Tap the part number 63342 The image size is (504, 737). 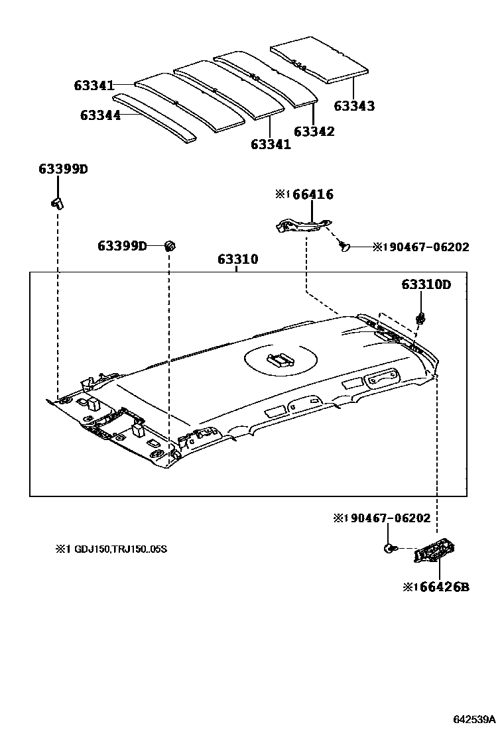pyautogui.click(x=314, y=131)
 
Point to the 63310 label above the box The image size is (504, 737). pyautogui.click(x=237, y=259)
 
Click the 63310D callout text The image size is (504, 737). pyautogui.click(x=426, y=284)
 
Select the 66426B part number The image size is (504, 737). pyautogui.click(x=440, y=587)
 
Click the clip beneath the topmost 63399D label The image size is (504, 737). pyautogui.click(x=57, y=201)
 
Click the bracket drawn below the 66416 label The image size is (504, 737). pyautogui.click(x=302, y=224)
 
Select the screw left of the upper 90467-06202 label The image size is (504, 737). pyautogui.click(x=344, y=247)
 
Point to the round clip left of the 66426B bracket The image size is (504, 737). pyautogui.click(x=389, y=548)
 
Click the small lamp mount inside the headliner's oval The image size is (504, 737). pyautogui.click(x=280, y=360)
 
